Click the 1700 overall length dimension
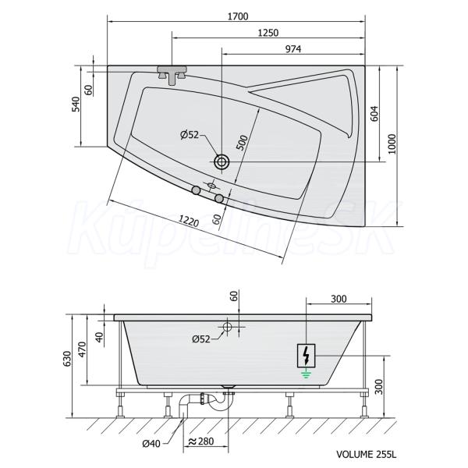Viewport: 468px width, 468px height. pyautogui.click(x=238, y=16)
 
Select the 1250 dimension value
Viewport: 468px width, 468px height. pyautogui.click(x=268, y=33)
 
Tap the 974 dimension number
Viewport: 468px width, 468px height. pyautogui.click(x=293, y=49)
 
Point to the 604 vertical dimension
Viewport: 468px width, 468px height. pyautogui.click(x=374, y=114)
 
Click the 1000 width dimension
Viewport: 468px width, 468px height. pyautogui.click(x=392, y=144)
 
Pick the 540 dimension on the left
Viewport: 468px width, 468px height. pyautogui.click(x=76, y=105)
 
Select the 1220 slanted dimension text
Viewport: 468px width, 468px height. pyautogui.click(x=189, y=221)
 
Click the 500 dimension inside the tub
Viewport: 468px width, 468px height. pyautogui.click(x=242, y=143)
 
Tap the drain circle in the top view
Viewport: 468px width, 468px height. pyautogui.click(x=222, y=161)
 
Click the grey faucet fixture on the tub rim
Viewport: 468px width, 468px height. pyautogui.click(x=172, y=74)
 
